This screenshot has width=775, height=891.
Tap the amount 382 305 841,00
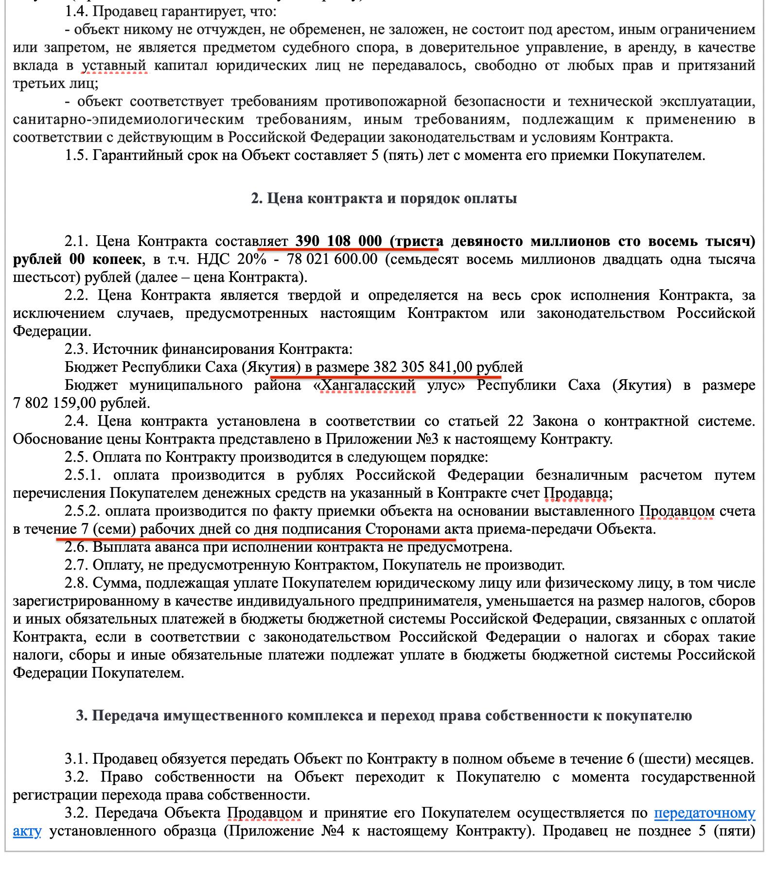[423, 367]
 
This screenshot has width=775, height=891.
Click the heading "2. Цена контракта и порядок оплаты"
[384, 198]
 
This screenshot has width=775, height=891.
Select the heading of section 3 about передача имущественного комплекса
[384, 716]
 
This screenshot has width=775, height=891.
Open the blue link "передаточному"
[705, 813]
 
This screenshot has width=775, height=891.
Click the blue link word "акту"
[27, 831]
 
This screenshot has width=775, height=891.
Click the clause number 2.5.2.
[82, 511]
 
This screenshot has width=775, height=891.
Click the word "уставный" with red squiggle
[114, 65]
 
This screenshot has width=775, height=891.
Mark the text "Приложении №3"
[378, 439]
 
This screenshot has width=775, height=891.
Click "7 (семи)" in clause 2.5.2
[105, 529]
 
